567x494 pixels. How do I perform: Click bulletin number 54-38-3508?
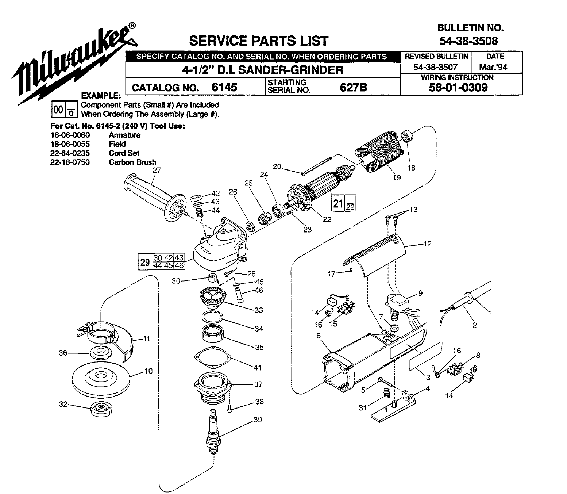point(468,41)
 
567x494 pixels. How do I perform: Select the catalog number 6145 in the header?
point(224,87)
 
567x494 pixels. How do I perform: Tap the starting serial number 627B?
point(353,87)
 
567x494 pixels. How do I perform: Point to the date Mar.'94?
point(495,67)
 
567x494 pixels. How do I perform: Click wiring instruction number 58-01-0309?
point(459,88)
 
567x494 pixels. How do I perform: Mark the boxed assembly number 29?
point(145,262)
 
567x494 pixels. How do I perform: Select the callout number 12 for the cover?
point(427,244)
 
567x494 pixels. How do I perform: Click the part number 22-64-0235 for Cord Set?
point(70,153)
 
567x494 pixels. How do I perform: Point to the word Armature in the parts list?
point(124,135)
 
